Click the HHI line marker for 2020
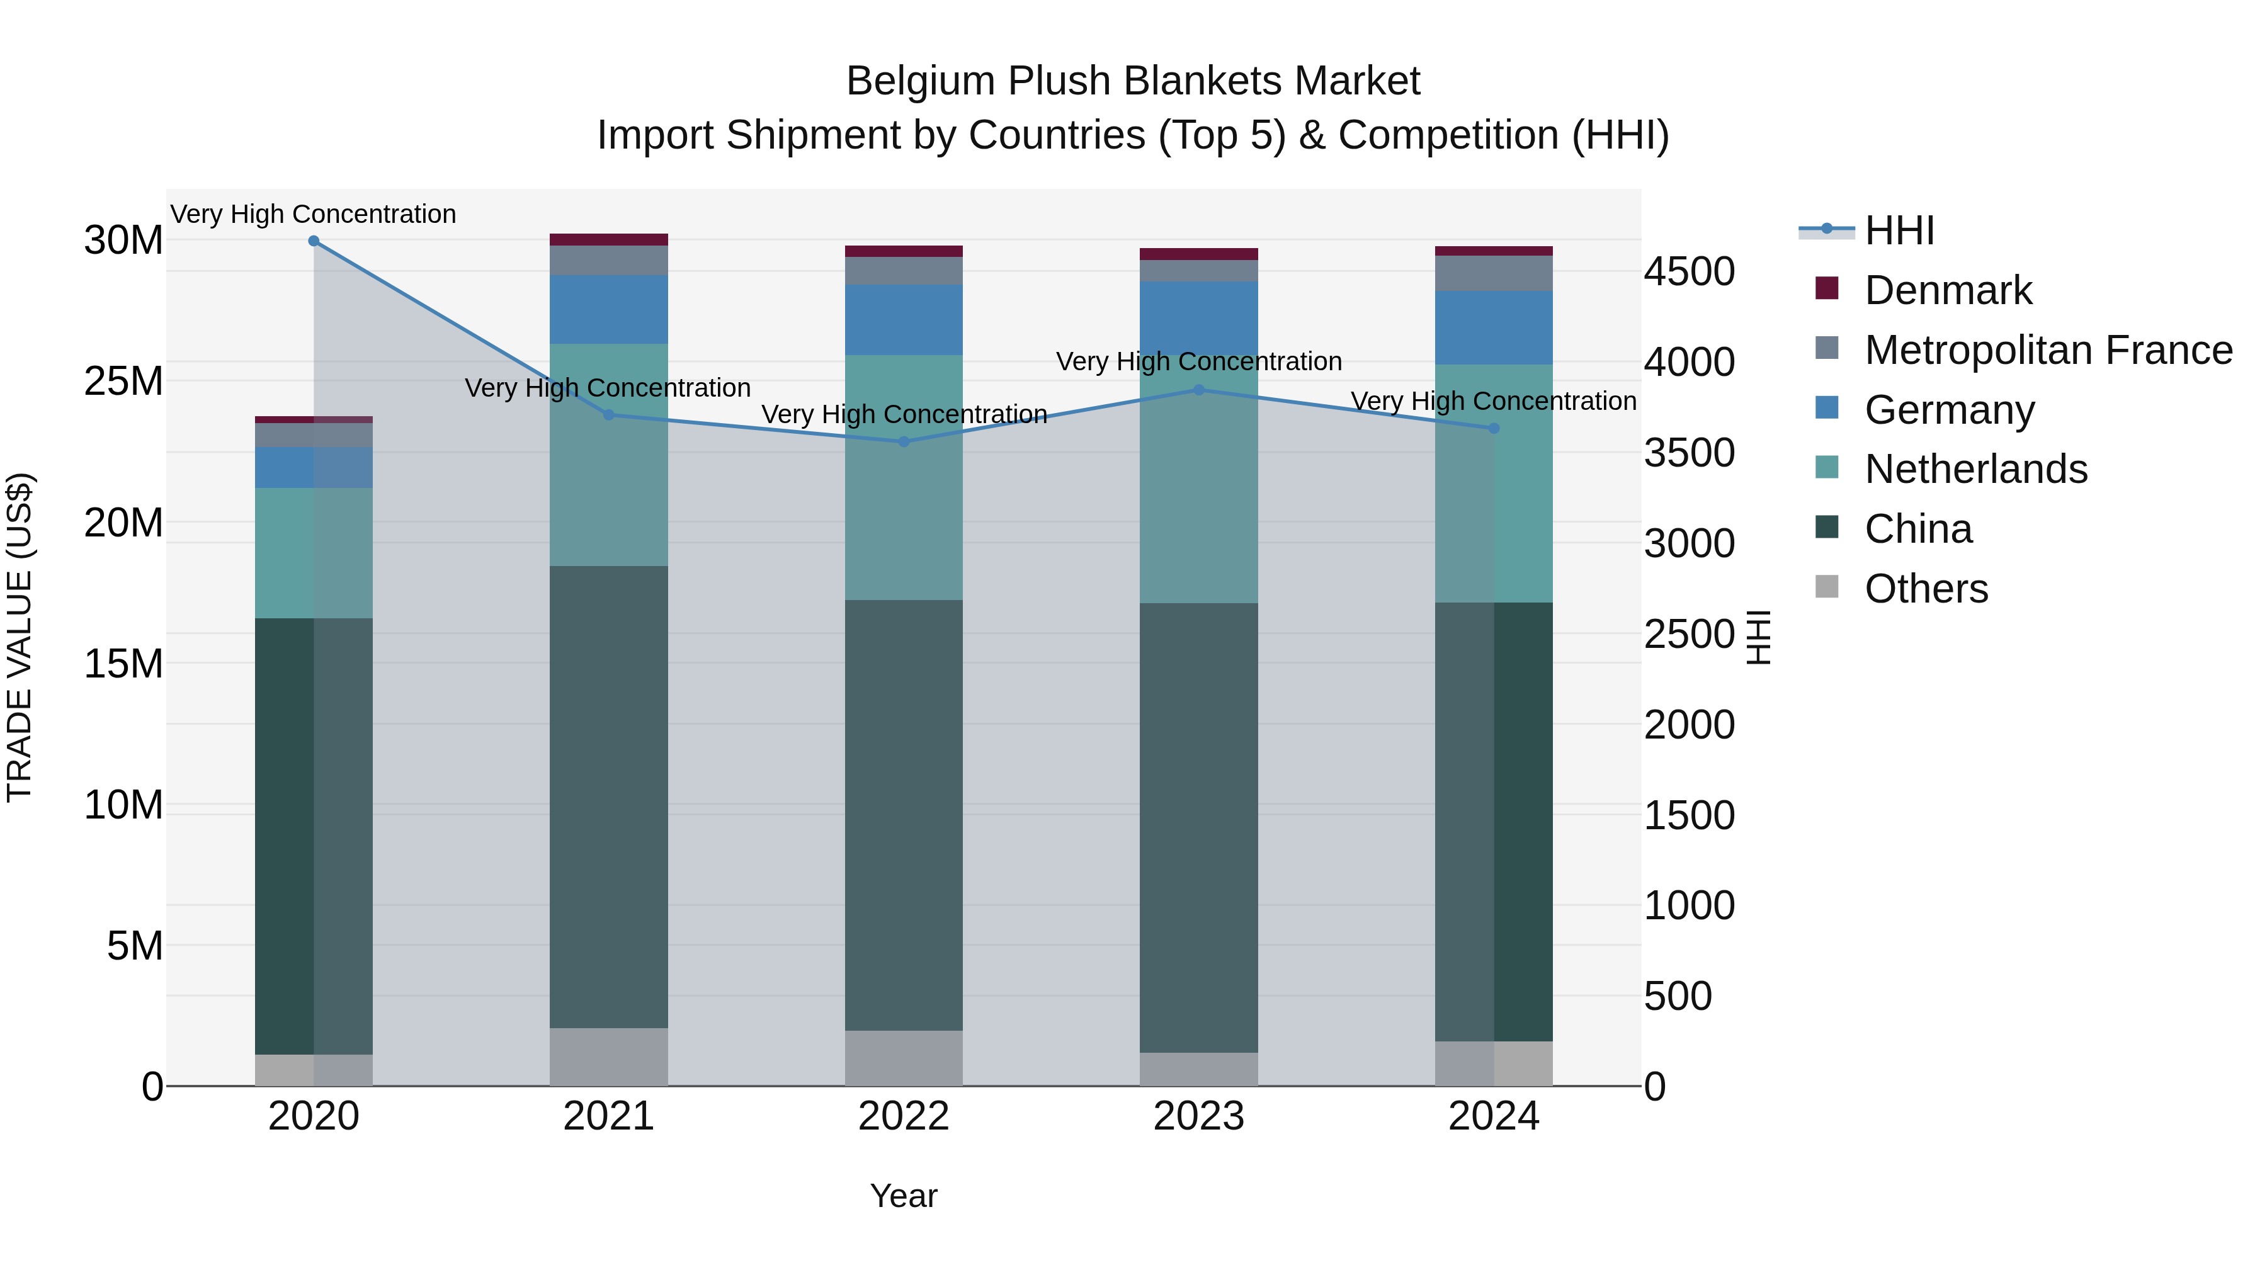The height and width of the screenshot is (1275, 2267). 314,241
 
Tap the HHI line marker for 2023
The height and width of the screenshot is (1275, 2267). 1198,390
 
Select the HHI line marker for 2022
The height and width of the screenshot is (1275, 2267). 904,442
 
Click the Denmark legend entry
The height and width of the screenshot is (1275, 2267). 1948,290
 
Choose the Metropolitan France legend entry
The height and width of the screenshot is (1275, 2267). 2048,350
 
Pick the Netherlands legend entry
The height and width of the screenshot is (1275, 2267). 1975,469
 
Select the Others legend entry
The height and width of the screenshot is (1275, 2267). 1926,589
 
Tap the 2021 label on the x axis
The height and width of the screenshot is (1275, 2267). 609,1116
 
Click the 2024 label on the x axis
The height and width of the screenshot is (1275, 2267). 1494,1116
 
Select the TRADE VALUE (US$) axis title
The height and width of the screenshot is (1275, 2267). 20,637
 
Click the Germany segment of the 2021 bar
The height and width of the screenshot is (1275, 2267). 609,310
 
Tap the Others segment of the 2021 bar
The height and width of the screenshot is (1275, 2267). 609,1057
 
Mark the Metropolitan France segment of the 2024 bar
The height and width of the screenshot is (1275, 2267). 1494,274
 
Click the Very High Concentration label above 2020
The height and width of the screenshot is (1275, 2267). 314,215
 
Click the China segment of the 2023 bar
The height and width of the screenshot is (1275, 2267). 1198,827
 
